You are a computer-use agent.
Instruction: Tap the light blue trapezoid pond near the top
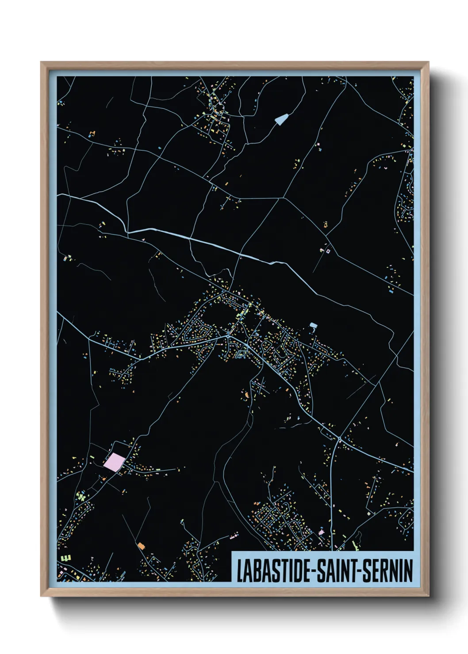tap(281, 118)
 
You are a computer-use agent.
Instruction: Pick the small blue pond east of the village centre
tap(313, 326)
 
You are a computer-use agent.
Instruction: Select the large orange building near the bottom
tap(141, 546)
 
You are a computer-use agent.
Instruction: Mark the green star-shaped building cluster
tap(81, 496)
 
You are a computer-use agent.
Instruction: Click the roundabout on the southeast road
tap(339, 439)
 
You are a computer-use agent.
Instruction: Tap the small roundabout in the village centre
tap(228, 337)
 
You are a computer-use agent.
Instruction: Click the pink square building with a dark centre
tap(328, 251)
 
